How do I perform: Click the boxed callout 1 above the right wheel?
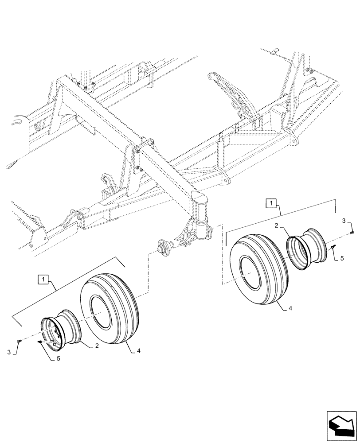point(271,204)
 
